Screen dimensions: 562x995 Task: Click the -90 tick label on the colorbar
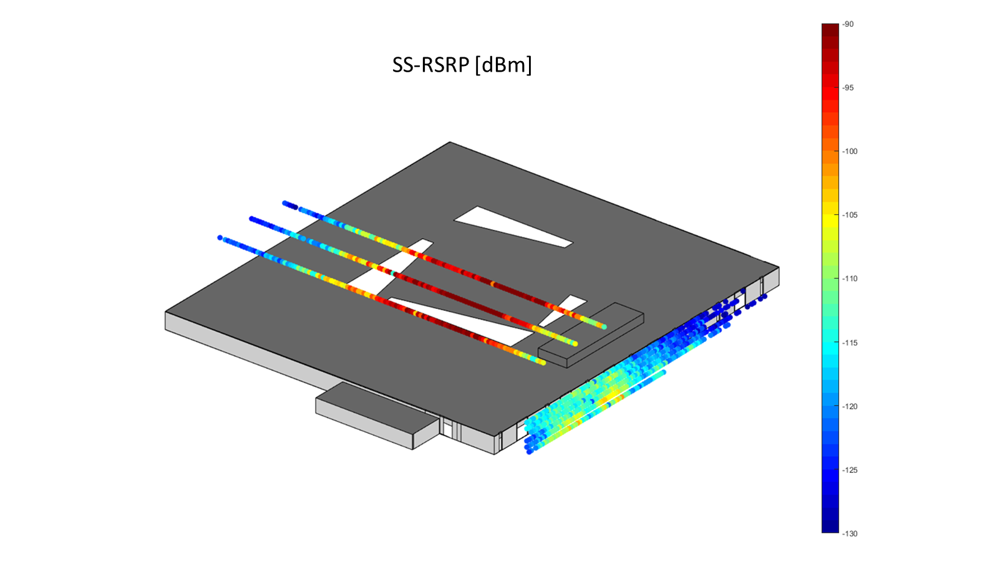848,24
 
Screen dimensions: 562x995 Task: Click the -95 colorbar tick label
848,88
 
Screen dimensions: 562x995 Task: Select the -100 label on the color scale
850,151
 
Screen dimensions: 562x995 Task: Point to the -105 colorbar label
850,215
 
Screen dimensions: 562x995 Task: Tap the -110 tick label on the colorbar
850,279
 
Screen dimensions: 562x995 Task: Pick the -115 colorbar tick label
850,343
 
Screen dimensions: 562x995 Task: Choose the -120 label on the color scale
850,406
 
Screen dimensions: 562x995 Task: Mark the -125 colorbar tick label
850,470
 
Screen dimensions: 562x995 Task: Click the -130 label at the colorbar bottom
850,534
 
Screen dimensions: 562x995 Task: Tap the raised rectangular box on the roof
591,335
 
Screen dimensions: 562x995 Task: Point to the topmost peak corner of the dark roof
450,143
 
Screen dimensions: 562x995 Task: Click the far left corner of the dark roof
166,312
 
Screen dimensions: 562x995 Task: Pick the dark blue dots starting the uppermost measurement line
289,204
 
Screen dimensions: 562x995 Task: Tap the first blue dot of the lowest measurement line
220,237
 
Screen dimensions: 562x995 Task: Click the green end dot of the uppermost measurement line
604,326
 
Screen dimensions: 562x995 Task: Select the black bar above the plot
468,50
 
